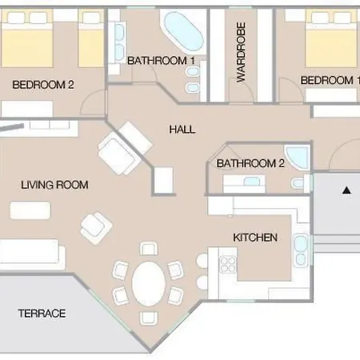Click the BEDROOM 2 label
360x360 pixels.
pos(43,85)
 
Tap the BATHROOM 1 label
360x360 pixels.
pos(161,61)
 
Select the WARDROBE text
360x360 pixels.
pos(241,52)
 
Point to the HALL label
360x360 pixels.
pos(182,130)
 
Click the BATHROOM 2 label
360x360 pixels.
pos(250,163)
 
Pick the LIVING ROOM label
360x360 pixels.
pos(54,185)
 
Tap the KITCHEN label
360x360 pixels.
pos(255,238)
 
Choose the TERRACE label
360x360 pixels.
pos(42,314)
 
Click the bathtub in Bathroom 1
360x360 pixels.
pos(184,31)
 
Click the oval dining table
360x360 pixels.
pos(148,284)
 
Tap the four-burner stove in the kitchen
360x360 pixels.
pos(228,265)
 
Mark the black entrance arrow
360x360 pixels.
pos(346,190)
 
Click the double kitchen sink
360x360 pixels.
pos(301,250)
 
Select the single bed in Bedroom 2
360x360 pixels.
pos(91,38)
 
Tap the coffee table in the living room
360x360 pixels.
pos(30,210)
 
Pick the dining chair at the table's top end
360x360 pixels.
pos(149,249)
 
